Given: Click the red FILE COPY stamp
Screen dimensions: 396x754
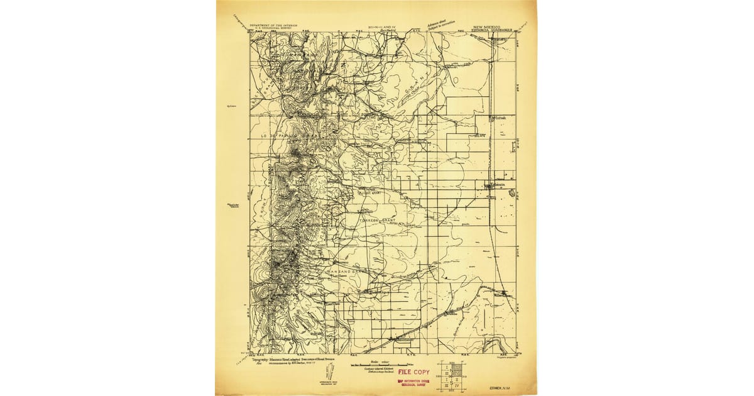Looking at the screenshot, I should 413,372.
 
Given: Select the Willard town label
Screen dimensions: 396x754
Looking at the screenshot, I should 502,294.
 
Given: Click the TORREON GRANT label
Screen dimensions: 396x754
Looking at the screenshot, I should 380,221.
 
